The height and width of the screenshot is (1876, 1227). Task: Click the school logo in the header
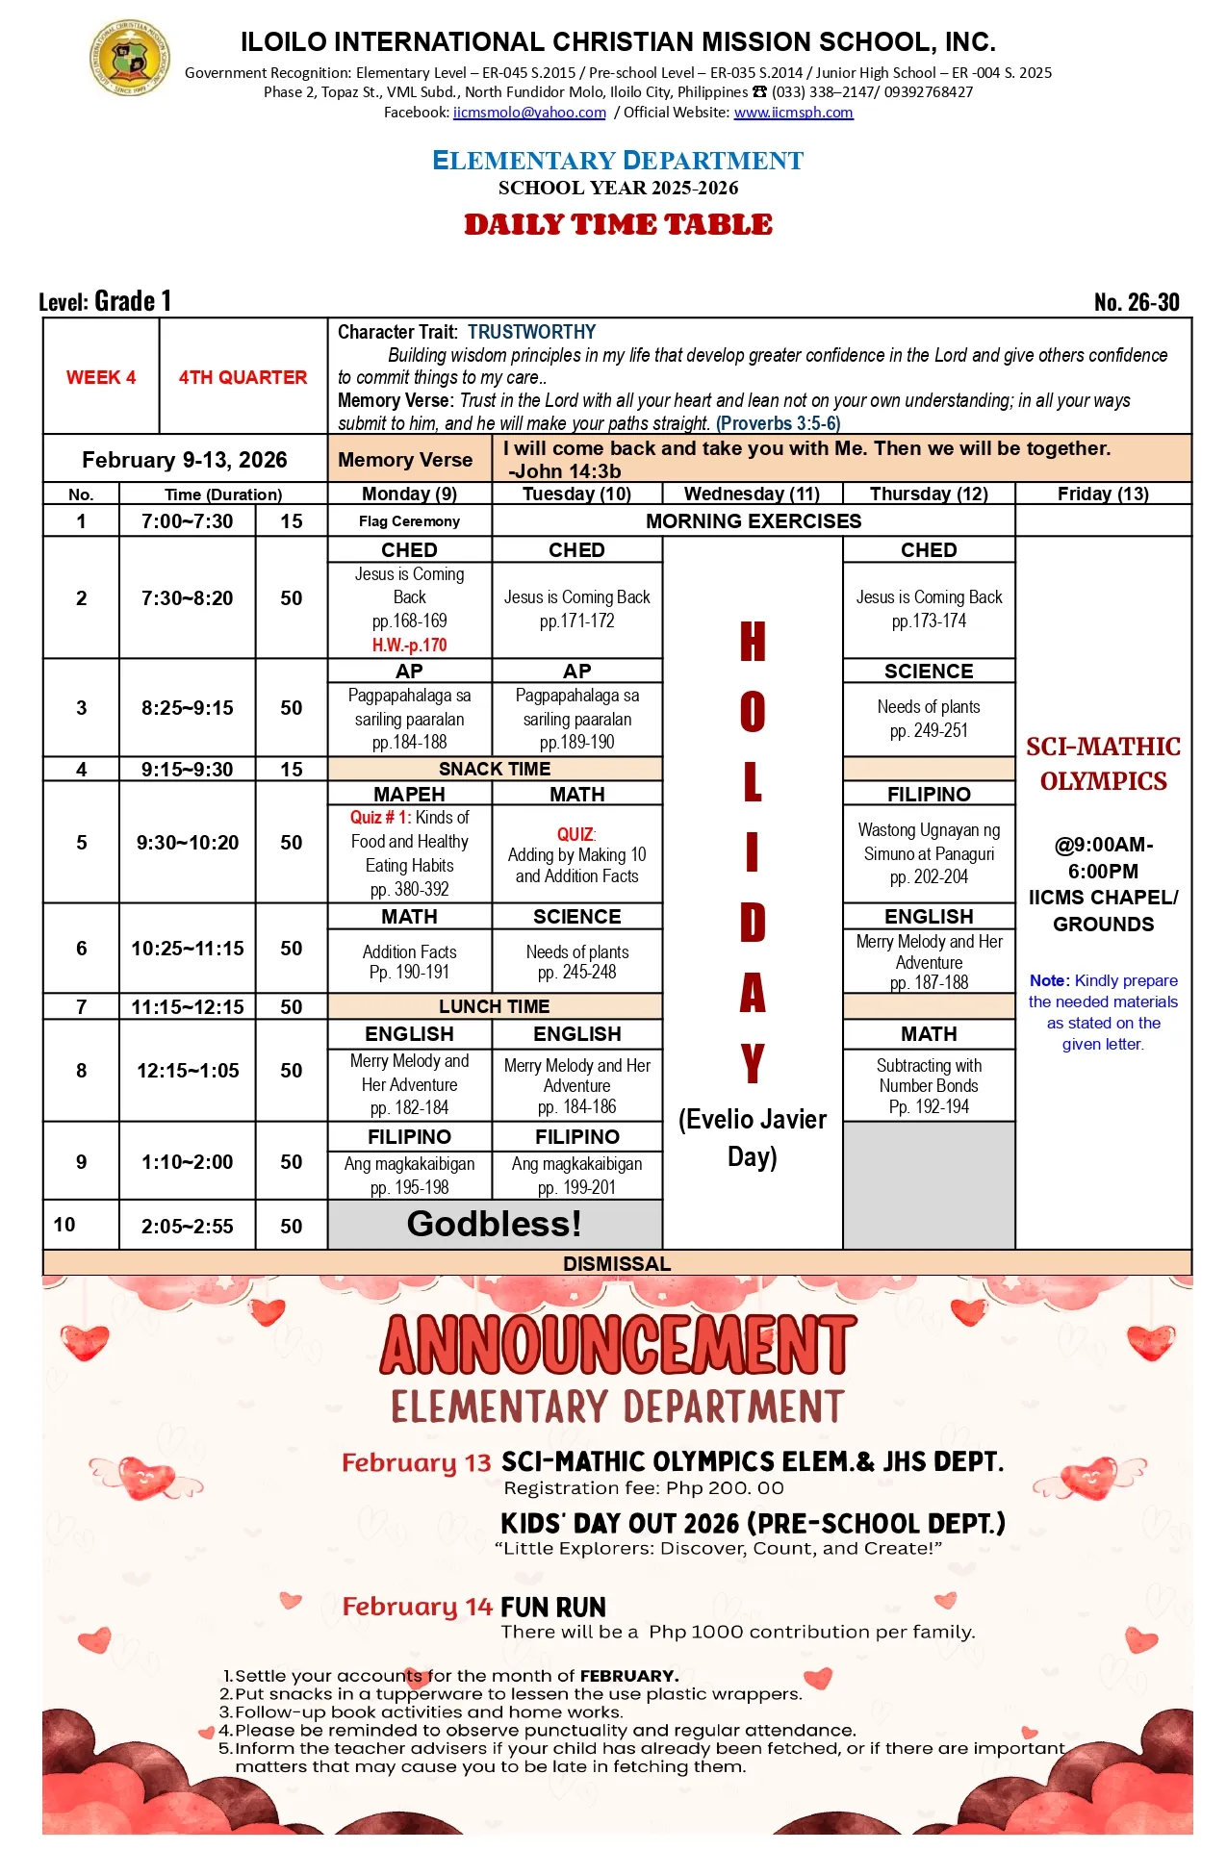(x=130, y=58)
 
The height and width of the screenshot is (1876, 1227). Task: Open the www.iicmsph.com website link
(x=793, y=113)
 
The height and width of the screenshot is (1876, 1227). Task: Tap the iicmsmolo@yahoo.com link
(x=529, y=113)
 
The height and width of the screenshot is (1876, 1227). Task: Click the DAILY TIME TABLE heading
(x=618, y=224)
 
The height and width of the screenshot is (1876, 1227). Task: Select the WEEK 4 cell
(x=101, y=377)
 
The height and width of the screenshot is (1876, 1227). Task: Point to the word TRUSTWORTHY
(x=531, y=332)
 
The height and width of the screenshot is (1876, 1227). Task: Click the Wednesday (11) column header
(x=752, y=494)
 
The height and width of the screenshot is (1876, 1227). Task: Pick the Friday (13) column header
(x=1103, y=494)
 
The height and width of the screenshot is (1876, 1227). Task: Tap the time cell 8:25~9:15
(x=187, y=708)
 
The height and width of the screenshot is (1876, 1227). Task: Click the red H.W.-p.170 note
(x=409, y=645)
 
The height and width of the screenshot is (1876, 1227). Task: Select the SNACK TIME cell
(x=495, y=769)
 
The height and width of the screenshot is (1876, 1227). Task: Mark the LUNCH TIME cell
(x=495, y=1006)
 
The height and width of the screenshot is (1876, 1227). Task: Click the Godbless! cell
(x=495, y=1224)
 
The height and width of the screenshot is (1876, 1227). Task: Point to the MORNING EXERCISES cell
(x=754, y=521)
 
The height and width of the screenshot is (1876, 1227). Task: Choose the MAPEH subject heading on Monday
(x=409, y=795)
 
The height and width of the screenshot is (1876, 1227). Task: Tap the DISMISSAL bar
(x=617, y=1263)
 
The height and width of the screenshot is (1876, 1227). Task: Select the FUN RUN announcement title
(x=553, y=1608)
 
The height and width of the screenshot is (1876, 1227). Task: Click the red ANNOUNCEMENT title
(x=618, y=1345)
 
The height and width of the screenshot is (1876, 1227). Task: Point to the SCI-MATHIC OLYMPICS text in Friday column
(x=1103, y=764)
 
